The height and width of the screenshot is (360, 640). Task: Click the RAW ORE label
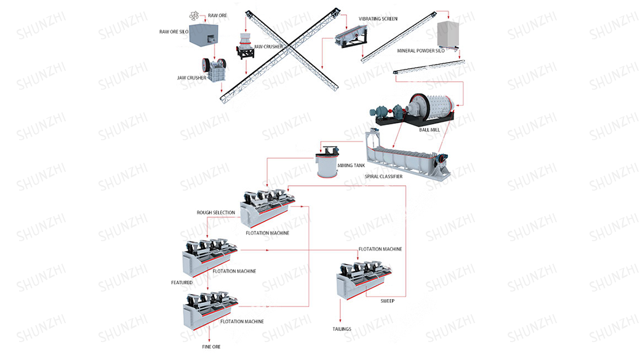click(x=218, y=15)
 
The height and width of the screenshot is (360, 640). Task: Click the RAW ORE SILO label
click(x=174, y=31)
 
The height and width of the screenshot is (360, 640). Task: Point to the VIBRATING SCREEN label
click(x=378, y=19)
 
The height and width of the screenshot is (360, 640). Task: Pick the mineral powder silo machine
click(x=449, y=35)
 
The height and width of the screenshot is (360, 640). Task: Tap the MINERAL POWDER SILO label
click(x=420, y=51)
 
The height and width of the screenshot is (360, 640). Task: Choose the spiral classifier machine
click(x=406, y=154)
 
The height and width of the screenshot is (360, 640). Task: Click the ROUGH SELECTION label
click(x=215, y=213)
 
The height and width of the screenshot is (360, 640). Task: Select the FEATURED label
click(x=182, y=282)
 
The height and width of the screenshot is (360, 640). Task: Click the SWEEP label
click(x=387, y=301)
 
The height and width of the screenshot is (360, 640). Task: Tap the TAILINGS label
click(x=342, y=329)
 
